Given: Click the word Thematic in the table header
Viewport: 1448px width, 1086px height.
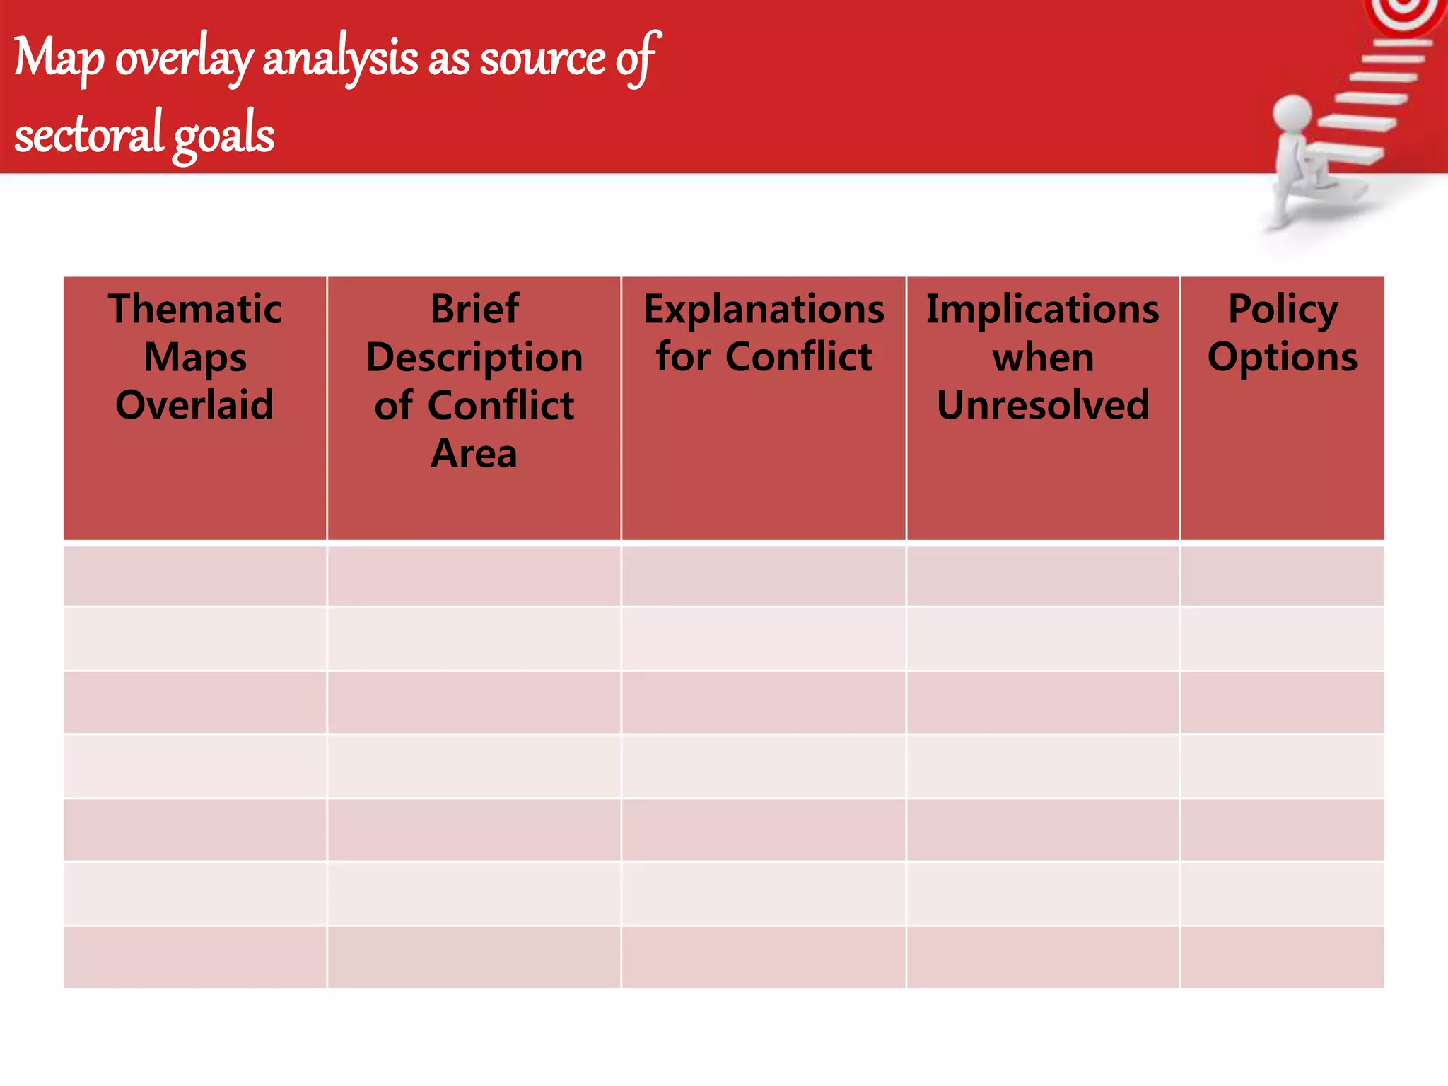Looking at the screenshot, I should coord(195,309).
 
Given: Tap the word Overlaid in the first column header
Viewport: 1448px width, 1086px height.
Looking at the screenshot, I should coord(194,405).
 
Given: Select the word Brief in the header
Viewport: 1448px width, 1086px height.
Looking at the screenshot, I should coord(474,309).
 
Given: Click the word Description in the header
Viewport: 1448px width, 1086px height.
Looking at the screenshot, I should coord(474,358).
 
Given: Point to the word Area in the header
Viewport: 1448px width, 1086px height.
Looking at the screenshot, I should coord(474,453).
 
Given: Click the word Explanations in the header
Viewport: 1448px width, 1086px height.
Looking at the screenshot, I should coord(764,309).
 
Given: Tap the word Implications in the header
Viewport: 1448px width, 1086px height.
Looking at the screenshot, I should coord(1043,309).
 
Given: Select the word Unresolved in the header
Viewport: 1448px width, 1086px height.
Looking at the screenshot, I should coord(1043,405).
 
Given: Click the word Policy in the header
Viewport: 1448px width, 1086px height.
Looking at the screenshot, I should coord(1283,309).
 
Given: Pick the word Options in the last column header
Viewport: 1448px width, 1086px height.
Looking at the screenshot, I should coord(1283,357).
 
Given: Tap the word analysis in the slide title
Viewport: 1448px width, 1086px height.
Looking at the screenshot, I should coord(340,58).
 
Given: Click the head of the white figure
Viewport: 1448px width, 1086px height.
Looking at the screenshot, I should coord(1292,113).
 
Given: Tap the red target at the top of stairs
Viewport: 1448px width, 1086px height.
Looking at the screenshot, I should coord(1407,14).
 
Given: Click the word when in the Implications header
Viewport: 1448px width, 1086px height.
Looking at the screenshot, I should coord(1043,358).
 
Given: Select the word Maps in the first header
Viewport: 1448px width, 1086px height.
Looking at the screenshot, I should coord(195,358).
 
